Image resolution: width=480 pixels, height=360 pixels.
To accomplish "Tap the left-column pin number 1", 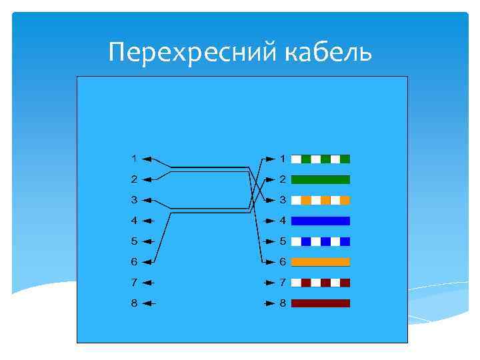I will coord(134,159).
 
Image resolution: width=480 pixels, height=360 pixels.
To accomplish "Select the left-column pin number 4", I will coord(134,220).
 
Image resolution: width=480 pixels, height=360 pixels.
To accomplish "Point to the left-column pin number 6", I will coord(134,261).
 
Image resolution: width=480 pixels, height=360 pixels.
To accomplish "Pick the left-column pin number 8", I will coord(134,303).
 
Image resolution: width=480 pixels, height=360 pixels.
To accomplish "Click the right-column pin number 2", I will coord(283,179).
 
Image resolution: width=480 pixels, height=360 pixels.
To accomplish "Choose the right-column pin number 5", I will coord(283,241).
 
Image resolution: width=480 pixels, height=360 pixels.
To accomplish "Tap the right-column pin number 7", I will coord(283,282).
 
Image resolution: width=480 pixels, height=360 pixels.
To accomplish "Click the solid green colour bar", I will coord(321,179).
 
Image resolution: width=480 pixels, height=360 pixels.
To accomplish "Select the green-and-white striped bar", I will coord(321,159).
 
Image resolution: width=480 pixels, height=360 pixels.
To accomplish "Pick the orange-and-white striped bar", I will coord(321,200).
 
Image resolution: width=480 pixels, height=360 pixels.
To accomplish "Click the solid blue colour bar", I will coord(321,220).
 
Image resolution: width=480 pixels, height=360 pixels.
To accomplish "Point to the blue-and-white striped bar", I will coord(321,241).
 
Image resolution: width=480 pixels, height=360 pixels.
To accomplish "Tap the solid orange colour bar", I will coord(321,261).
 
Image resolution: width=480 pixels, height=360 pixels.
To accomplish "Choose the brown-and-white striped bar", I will coord(321,282).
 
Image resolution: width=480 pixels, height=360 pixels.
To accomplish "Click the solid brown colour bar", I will coord(321,303).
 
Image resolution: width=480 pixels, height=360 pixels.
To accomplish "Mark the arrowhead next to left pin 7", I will coord(148,282).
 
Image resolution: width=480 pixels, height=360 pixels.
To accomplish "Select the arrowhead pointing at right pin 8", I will coord(270,303).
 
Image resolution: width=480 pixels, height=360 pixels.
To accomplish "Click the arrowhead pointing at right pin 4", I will coord(270,220).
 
